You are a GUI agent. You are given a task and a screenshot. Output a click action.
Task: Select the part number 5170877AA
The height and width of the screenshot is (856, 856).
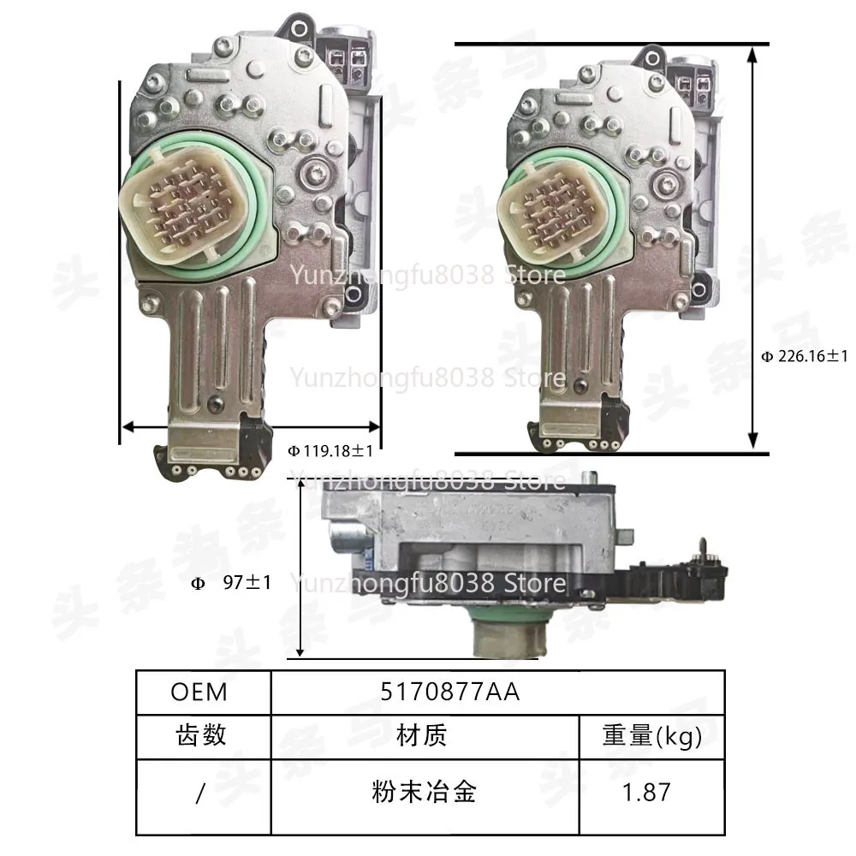(450, 691)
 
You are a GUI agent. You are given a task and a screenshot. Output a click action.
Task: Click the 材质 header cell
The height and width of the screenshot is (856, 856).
(422, 734)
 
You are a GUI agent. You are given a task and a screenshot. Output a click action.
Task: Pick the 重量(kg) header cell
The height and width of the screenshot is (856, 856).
(652, 734)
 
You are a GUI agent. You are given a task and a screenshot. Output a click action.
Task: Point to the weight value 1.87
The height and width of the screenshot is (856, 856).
(647, 792)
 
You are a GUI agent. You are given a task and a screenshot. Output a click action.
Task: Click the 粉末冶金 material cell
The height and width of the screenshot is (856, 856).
(422, 792)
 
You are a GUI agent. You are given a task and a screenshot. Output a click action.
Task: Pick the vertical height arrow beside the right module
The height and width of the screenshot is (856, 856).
(752, 248)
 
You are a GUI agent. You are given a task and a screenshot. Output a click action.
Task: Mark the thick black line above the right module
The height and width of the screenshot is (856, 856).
(611, 43)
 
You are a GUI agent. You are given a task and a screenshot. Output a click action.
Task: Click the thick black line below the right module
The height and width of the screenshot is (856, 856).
(611, 454)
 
